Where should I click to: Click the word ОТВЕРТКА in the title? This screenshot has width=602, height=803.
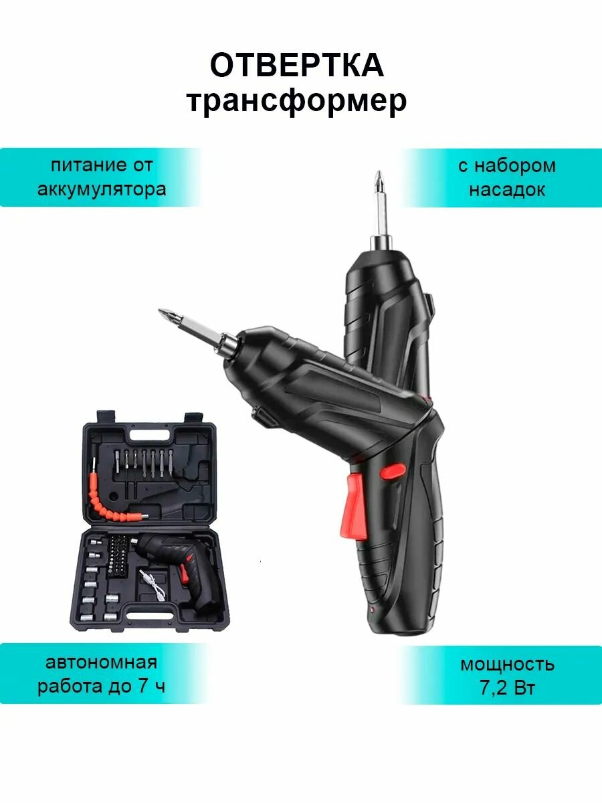pyautogui.click(x=296, y=66)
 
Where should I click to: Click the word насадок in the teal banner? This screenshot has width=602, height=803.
pyautogui.click(x=506, y=189)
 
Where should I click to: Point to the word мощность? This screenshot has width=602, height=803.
pyautogui.click(x=506, y=664)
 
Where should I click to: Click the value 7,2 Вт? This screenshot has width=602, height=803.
pyautogui.click(x=506, y=688)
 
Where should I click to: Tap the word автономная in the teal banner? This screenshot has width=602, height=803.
pyautogui.click(x=101, y=662)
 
